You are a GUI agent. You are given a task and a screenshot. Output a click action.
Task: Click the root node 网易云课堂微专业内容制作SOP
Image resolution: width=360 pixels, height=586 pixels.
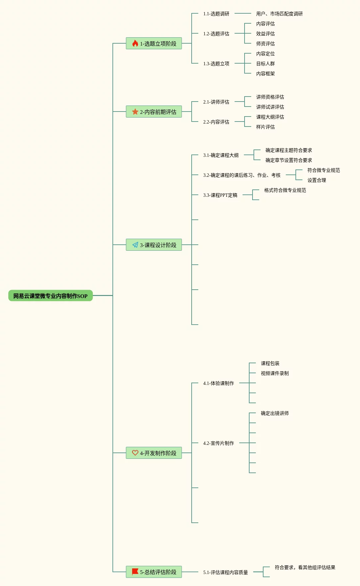(50, 296)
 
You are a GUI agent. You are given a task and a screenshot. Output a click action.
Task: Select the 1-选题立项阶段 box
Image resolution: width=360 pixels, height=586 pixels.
(154, 43)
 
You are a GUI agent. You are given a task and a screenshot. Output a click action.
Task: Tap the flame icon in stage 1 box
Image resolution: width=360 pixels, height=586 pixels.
(135, 43)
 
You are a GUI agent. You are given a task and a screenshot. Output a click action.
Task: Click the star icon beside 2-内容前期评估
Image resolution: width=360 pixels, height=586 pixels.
(135, 112)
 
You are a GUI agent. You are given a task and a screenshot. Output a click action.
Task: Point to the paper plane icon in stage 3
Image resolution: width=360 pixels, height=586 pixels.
(135, 245)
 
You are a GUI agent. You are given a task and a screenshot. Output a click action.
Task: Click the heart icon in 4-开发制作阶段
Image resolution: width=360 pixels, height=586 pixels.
(135, 453)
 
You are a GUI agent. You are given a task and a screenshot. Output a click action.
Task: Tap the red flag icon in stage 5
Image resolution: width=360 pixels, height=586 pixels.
(135, 572)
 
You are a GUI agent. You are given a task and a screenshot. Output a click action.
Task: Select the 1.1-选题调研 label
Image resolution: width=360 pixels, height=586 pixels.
(216, 14)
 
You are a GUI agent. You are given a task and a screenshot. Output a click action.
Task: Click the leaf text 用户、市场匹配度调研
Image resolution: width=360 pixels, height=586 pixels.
(279, 14)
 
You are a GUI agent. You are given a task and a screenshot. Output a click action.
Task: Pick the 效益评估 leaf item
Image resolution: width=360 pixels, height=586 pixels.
(265, 34)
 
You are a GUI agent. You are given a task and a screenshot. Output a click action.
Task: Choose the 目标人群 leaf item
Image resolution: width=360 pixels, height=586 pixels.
(265, 64)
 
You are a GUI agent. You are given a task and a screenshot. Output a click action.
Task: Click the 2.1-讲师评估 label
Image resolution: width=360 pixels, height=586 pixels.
(216, 102)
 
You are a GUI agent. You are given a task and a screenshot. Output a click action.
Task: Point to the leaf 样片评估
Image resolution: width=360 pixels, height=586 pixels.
(265, 127)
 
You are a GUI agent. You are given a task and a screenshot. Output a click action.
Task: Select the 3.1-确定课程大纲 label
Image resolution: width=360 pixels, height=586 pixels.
(221, 155)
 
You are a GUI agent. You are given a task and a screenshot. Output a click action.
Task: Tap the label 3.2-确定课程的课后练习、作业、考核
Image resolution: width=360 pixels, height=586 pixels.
(242, 175)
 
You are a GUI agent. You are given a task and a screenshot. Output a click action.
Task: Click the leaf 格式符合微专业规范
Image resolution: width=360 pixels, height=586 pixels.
(285, 190)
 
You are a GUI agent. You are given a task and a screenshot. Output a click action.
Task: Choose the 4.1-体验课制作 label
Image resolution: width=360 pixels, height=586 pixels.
(219, 383)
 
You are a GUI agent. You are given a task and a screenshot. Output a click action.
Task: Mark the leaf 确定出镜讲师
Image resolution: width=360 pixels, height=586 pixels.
(274, 413)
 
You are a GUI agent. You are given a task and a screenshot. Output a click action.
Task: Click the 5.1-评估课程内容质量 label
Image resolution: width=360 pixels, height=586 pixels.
(226, 572)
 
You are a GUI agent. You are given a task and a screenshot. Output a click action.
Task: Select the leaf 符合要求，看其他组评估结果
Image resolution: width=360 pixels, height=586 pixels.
(305, 567)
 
